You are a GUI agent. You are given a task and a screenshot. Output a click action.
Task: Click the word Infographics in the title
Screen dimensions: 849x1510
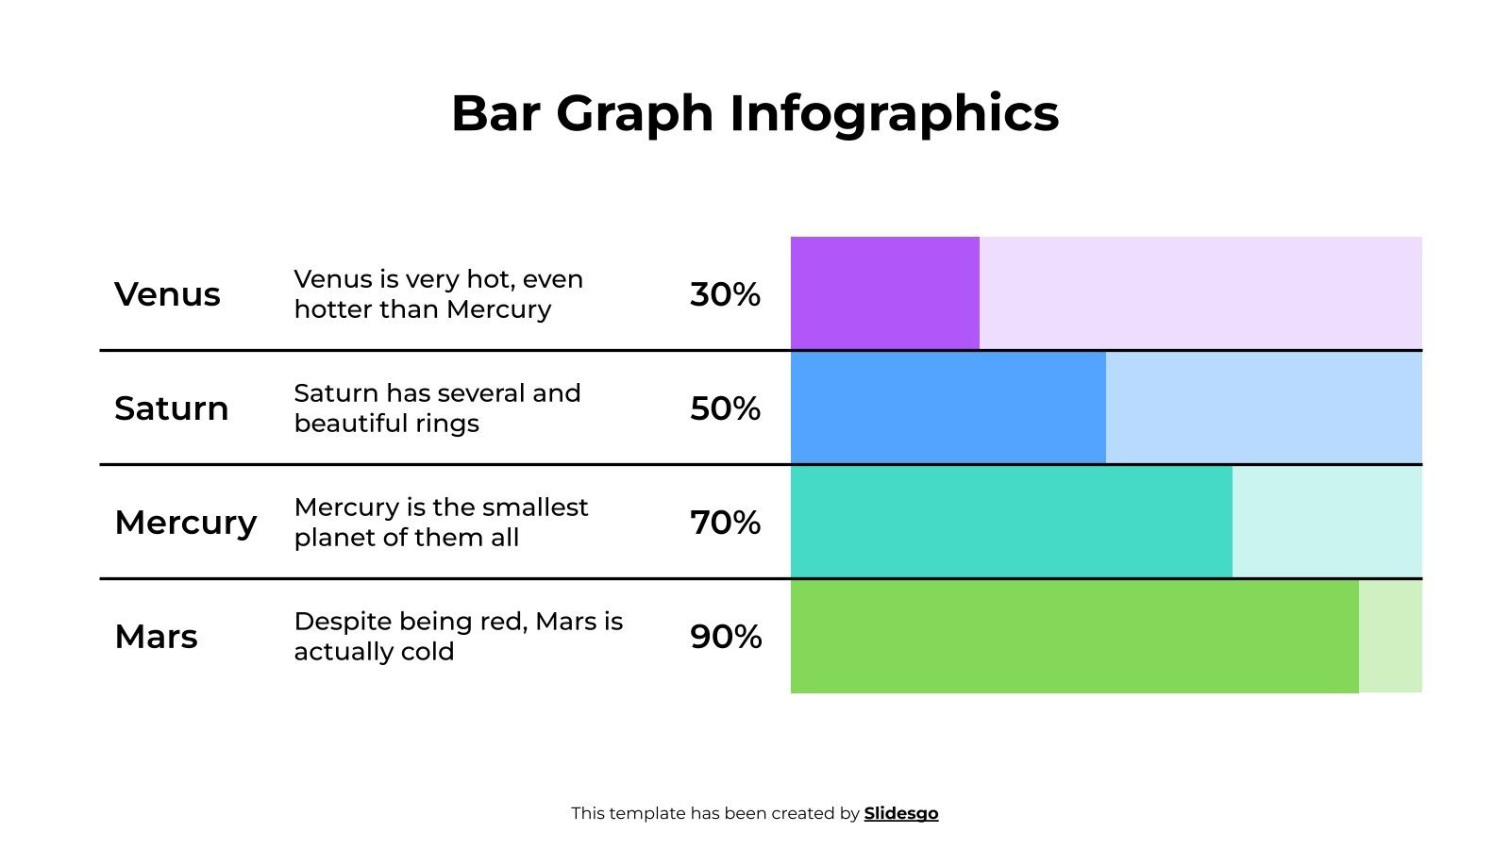[894, 113]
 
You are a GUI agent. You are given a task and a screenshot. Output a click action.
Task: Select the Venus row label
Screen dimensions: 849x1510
[167, 294]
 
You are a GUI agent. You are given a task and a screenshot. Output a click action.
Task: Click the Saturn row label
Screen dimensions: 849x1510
[171, 408]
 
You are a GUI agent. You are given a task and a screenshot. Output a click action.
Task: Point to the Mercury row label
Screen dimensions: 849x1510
[185, 523]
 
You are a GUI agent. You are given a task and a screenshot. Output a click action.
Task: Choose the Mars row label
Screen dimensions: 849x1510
[156, 637]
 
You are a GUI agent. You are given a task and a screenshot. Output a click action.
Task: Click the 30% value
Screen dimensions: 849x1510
[725, 294]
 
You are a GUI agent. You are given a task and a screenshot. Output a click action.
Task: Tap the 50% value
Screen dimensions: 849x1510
[725, 408]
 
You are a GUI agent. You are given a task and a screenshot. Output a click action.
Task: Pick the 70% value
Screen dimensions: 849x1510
[725, 523]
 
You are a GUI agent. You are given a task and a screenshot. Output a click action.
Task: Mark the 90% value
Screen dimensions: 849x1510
[725, 637]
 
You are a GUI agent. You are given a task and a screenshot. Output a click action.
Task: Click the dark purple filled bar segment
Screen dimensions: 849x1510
[884, 292]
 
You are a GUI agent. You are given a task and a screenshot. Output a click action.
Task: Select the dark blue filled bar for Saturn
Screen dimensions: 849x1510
[948, 408]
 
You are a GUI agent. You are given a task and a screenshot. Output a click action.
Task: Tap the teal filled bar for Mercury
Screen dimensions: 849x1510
[1011, 522]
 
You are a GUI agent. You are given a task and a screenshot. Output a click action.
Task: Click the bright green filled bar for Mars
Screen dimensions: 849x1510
[1074, 637]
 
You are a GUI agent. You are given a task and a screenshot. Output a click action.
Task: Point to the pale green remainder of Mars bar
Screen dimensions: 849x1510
[1390, 637]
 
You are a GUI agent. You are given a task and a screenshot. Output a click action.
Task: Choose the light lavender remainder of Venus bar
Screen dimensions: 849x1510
[1200, 292]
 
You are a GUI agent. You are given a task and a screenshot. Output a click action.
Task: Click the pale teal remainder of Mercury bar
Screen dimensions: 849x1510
[1327, 522]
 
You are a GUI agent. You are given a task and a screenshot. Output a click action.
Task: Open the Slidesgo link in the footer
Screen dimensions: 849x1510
[900, 813]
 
